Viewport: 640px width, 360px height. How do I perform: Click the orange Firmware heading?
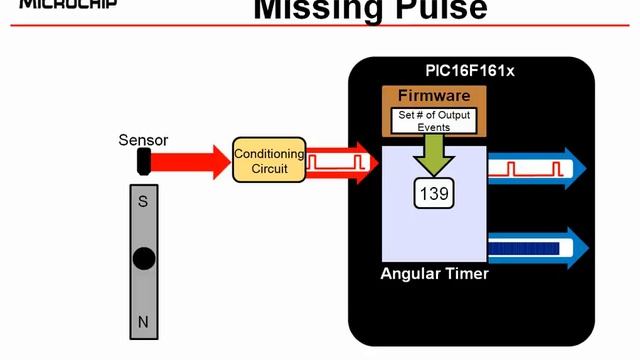click(x=434, y=96)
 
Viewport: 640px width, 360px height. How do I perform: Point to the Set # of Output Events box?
click(x=434, y=121)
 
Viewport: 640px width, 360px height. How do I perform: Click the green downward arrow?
click(x=434, y=152)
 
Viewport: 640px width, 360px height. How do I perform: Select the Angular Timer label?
click(x=435, y=274)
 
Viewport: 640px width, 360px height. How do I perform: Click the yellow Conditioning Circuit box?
click(x=268, y=160)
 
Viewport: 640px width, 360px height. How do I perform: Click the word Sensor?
click(x=143, y=140)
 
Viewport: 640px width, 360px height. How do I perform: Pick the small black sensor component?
click(x=143, y=160)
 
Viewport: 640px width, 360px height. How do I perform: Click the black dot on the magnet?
click(x=144, y=259)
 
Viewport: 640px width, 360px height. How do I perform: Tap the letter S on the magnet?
click(x=143, y=201)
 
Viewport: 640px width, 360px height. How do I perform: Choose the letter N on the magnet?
click(x=143, y=322)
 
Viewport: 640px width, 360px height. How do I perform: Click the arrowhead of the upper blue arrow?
click(x=575, y=166)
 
